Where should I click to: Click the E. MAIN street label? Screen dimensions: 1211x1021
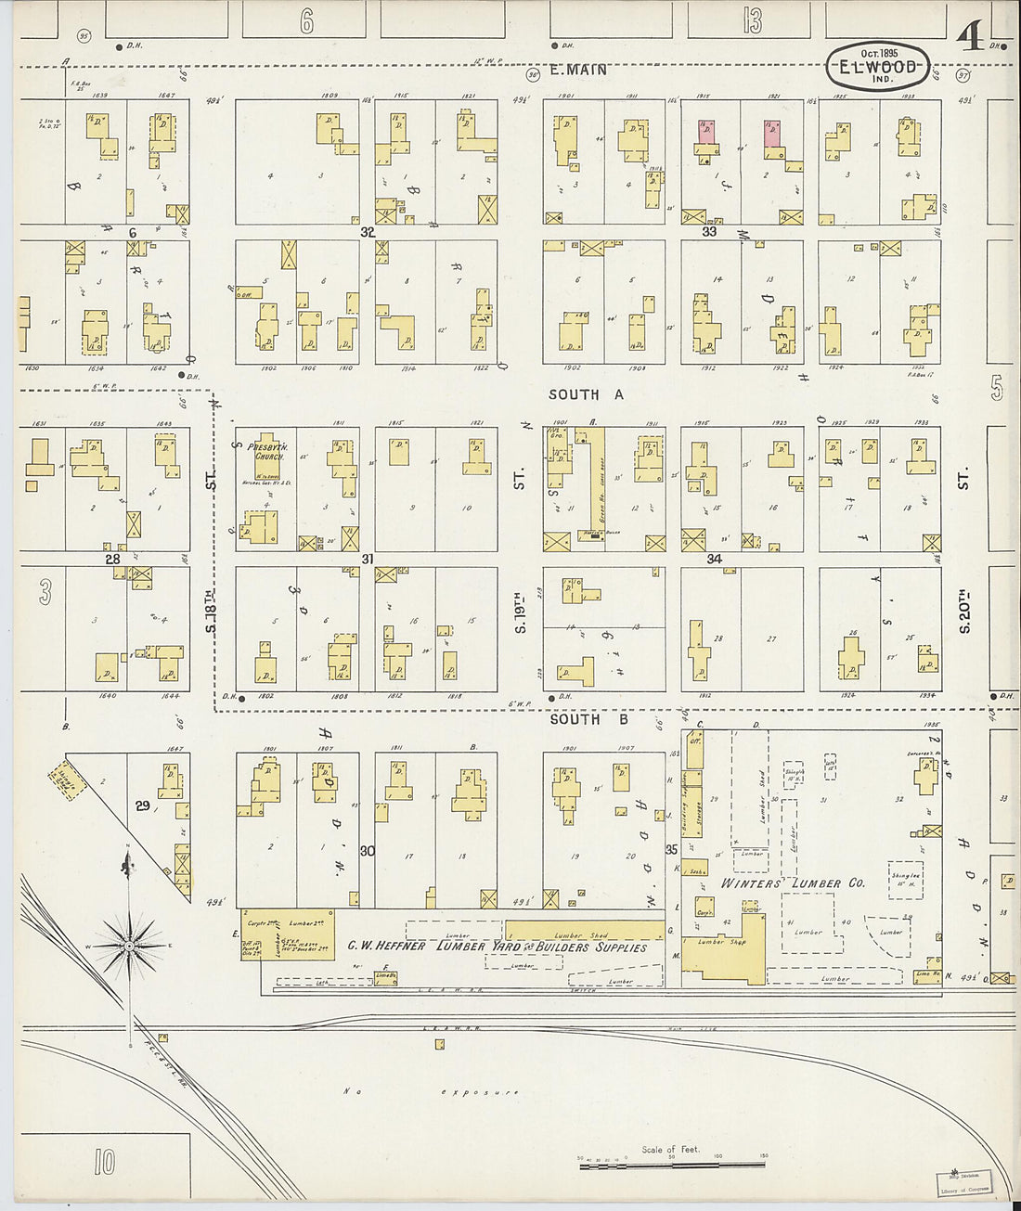[x=577, y=70]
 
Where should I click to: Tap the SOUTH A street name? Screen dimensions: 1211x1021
[x=586, y=394]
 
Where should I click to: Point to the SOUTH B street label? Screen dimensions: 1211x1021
[x=588, y=719]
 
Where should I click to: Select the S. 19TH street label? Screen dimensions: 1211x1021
[x=521, y=612]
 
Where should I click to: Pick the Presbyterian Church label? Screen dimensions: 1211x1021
[x=266, y=452]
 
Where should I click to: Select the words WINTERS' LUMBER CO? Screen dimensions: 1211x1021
[x=793, y=882]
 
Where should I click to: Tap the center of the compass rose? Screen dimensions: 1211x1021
[x=129, y=946]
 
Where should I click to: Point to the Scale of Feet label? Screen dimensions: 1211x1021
[x=670, y=1150]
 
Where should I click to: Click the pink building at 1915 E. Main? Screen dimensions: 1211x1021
[x=707, y=132]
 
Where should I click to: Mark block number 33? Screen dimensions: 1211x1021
[x=709, y=232]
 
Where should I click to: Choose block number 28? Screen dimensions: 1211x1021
[x=112, y=559]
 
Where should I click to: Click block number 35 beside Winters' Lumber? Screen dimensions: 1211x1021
[x=671, y=849]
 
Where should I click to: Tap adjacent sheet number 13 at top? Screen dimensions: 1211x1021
[x=752, y=20]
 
